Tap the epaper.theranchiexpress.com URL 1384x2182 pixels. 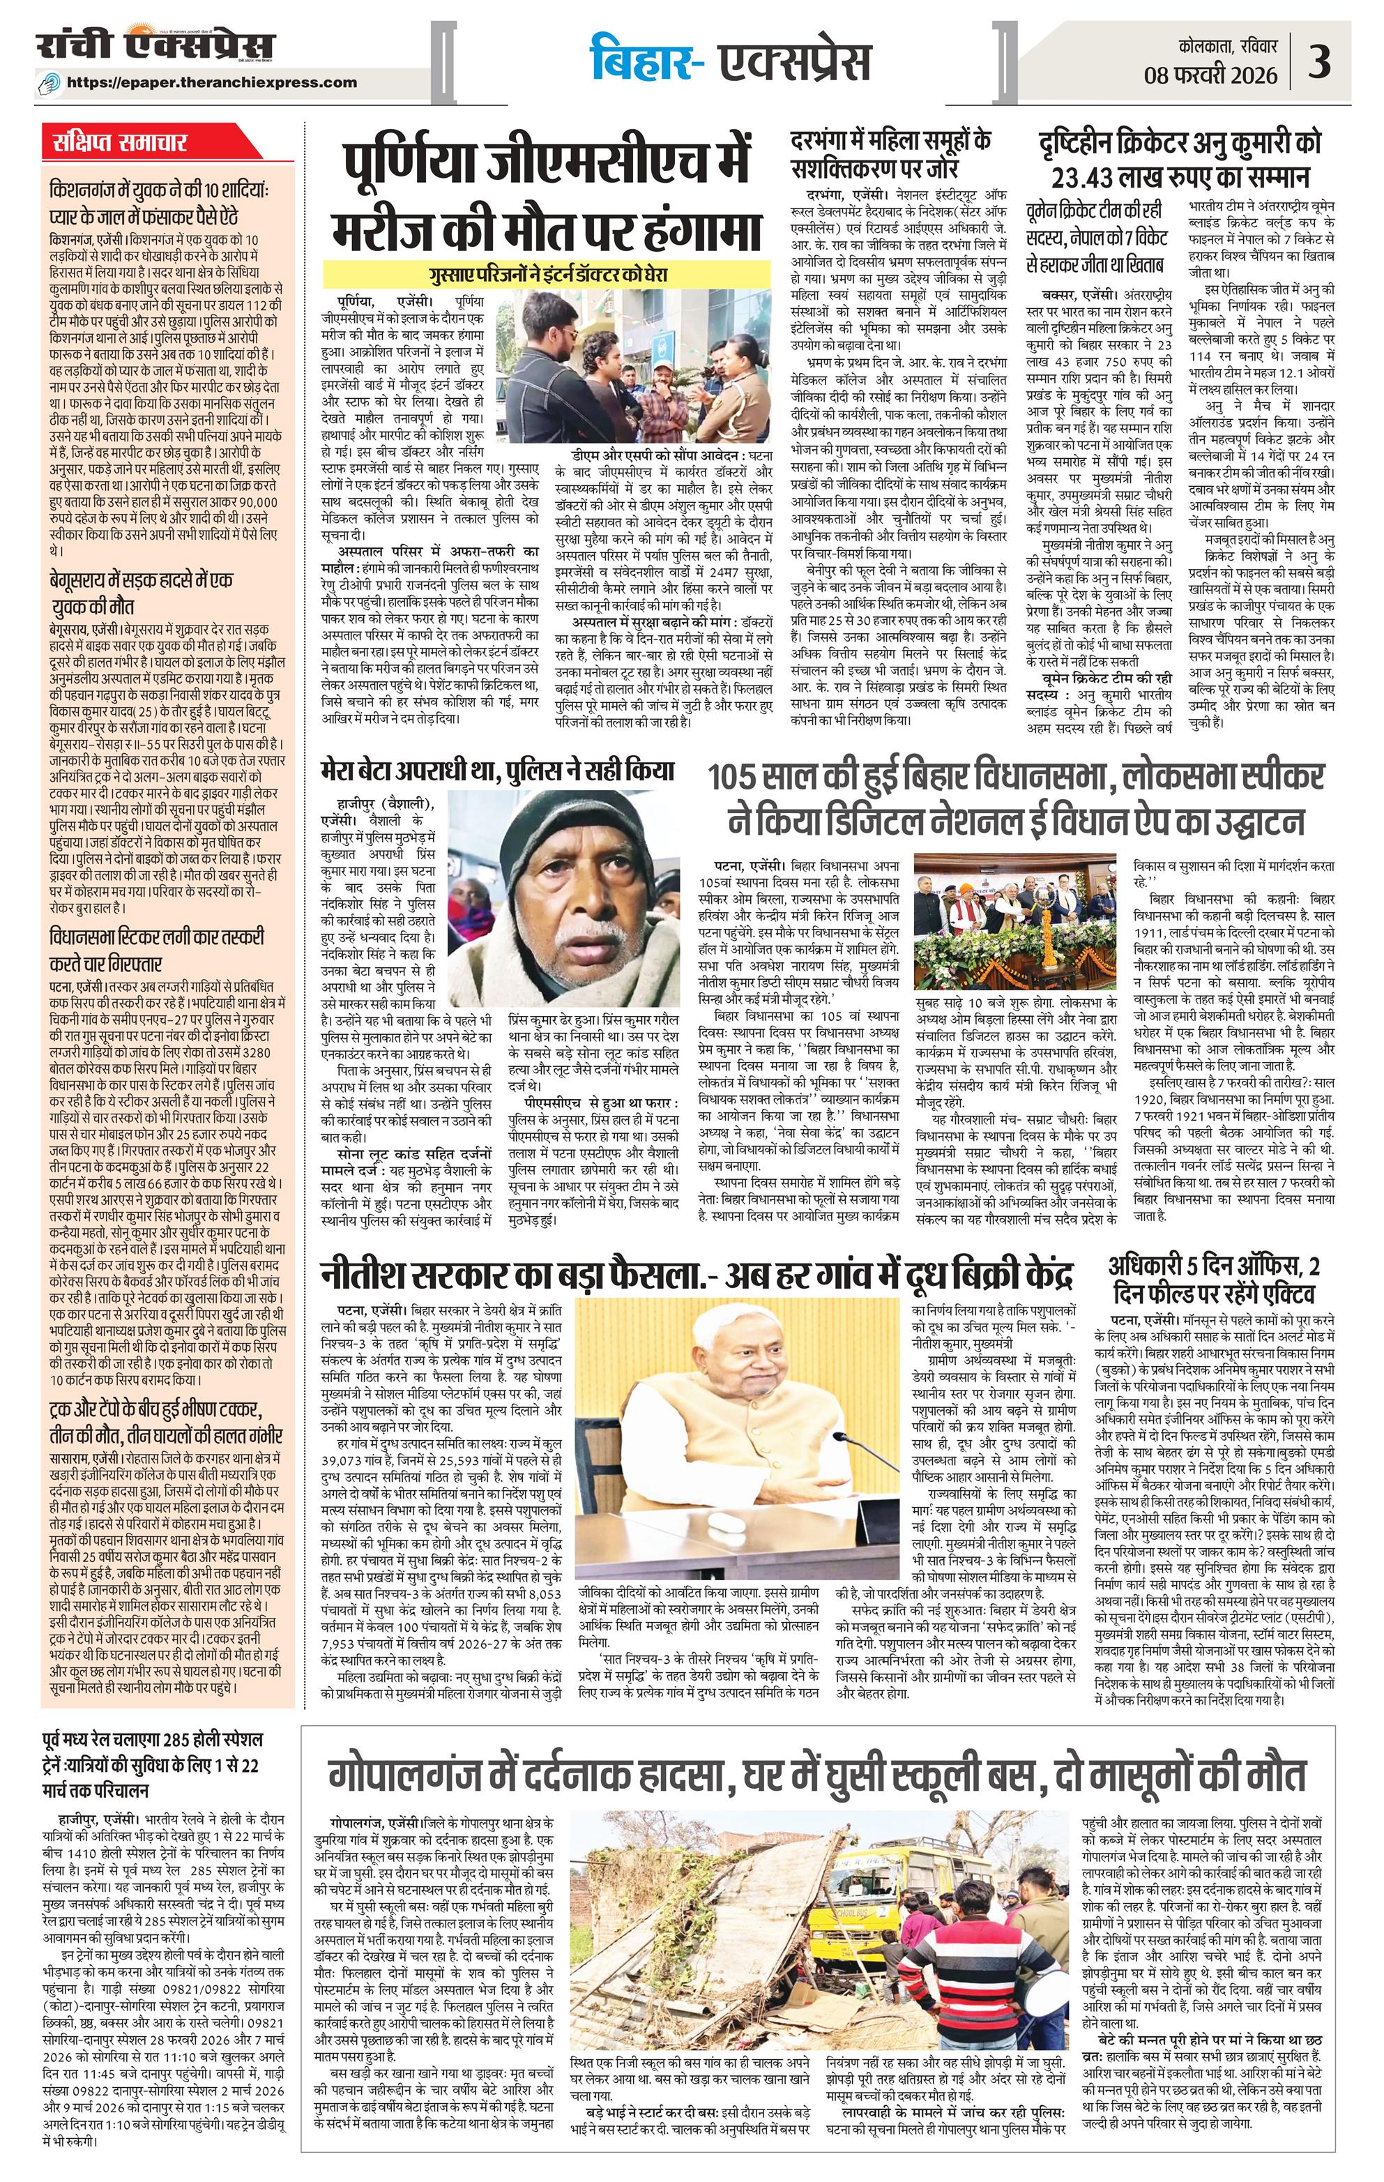224,82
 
